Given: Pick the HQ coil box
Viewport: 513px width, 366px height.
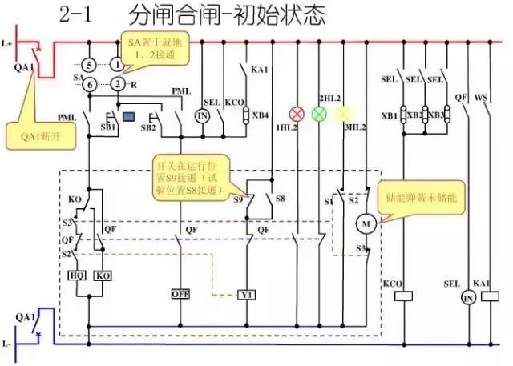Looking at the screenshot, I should [x=78, y=275].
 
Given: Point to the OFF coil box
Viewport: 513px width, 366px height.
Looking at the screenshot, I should [x=180, y=294].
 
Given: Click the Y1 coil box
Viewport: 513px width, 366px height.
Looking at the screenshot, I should [x=248, y=294].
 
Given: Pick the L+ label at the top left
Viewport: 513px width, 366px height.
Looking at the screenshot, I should [x=8, y=39].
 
